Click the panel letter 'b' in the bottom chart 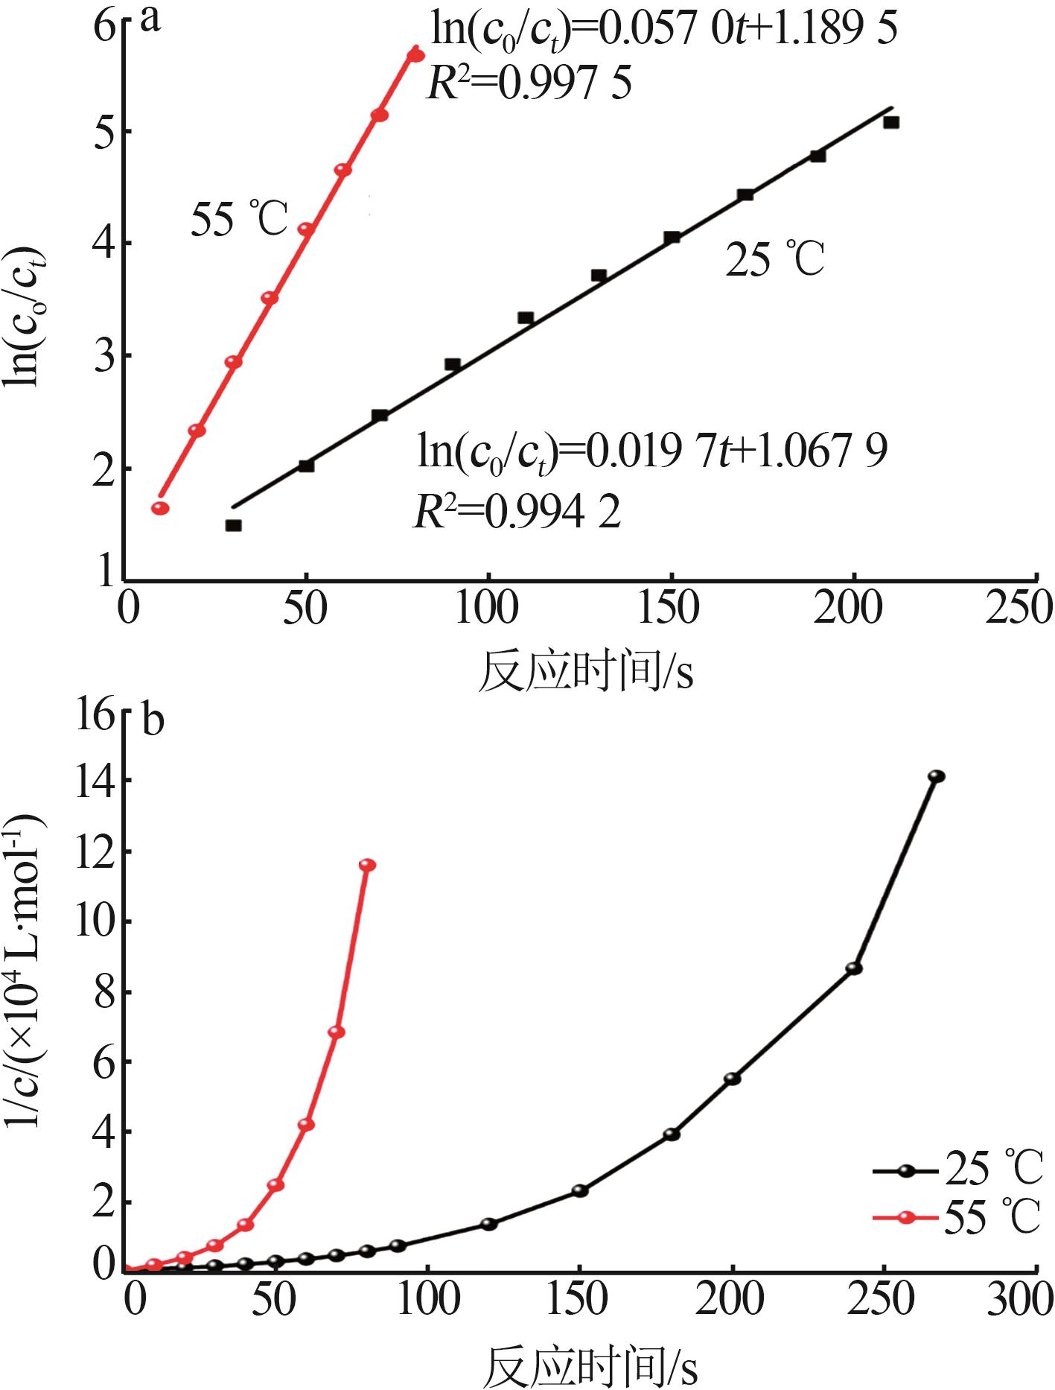pyautogui.click(x=153, y=720)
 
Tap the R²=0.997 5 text pyautogui.click(x=529, y=83)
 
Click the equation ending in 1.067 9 pyautogui.click(x=652, y=451)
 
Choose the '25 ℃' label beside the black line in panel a pyautogui.click(x=775, y=260)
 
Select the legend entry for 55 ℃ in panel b pyautogui.click(x=957, y=1219)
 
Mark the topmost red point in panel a pyautogui.click(x=416, y=55)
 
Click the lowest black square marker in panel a pyautogui.click(x=233, y=525)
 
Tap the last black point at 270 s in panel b pyautogui.click(x=936, y=776)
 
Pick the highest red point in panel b pyautogui.click(x=367, y=865)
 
